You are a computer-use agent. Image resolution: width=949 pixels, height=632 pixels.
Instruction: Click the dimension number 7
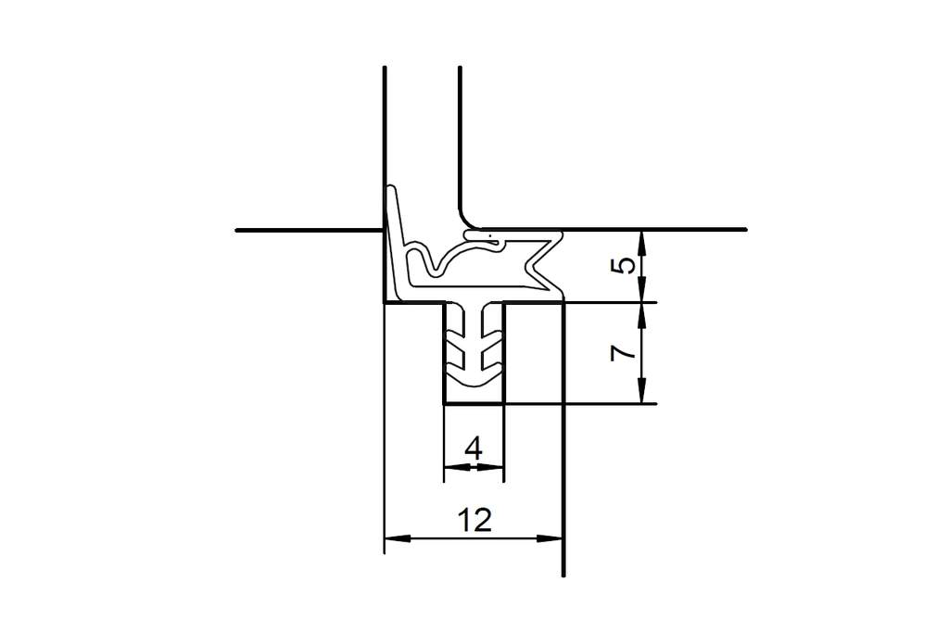(625, 352)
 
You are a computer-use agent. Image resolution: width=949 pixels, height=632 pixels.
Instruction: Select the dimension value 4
(474, 449)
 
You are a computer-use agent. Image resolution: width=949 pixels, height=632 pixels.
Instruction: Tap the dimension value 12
(474, 519)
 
